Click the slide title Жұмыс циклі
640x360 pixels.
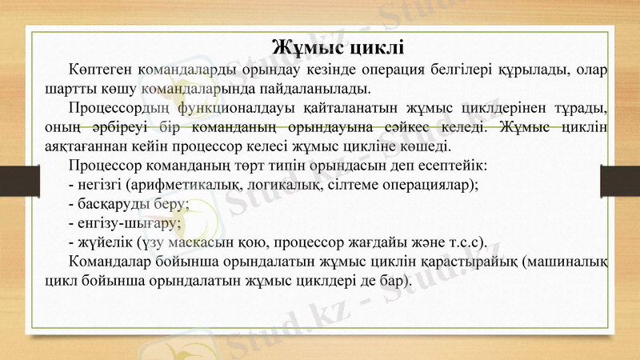tap(337, 44)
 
